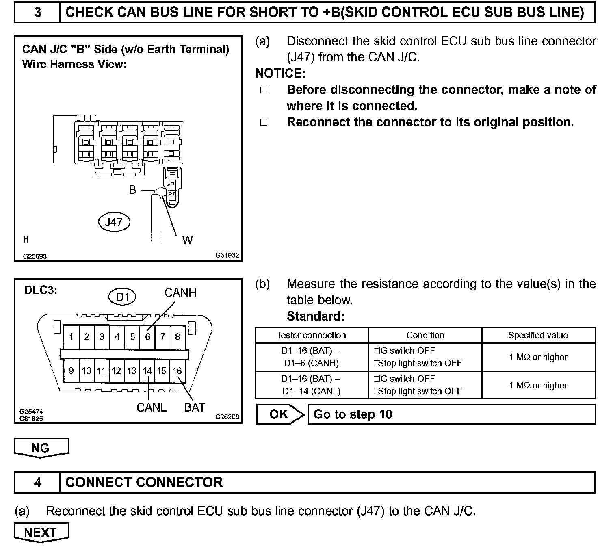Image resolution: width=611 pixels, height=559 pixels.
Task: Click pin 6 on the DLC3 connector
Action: tap(147, 337)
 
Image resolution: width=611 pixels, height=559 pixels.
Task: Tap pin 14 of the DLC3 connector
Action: tap(147, 371)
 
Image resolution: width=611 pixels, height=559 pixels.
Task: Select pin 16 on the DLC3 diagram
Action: tap(177, 371)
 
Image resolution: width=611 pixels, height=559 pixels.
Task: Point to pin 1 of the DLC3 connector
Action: tap(71, 337)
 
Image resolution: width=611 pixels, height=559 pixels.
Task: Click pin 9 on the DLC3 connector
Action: tap(71, 371)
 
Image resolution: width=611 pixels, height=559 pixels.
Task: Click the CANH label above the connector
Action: tap(180, 293)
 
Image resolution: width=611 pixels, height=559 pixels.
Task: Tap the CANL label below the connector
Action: tap(152, 407)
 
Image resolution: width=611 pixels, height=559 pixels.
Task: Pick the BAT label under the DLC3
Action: tap(195, 407)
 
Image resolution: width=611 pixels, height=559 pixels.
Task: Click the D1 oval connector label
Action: tap(122, 297)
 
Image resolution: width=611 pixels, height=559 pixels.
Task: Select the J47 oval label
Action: tap(114, 222)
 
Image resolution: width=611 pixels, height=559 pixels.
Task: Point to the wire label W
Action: tap(187, 240)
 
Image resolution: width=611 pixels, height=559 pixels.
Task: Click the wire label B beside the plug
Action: tap(132, 190)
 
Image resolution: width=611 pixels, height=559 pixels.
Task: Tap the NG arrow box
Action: tap(41, 448)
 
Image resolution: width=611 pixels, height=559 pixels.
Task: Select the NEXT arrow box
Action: tap(41, 533)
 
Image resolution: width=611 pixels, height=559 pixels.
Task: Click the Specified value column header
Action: tap(538, 336)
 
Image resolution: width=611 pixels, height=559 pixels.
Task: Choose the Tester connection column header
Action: tap(311, 336)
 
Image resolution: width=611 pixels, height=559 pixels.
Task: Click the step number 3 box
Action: tap(37, 13)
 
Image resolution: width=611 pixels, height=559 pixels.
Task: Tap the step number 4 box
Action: tap(37, 483)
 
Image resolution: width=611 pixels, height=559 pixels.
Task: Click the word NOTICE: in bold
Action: tap(280, 74)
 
